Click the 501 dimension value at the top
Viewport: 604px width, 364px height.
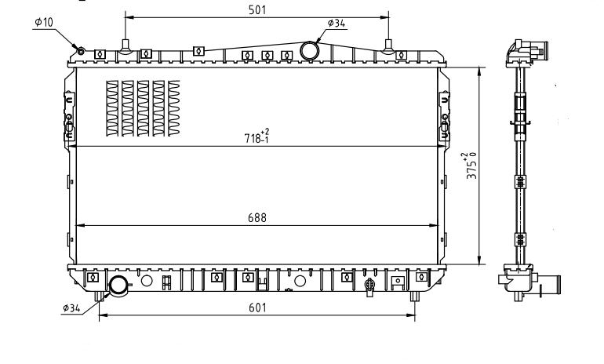pos(257,9)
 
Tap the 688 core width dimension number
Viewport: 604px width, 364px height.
pos(257,218)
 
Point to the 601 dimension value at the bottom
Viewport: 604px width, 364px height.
pos(257,308)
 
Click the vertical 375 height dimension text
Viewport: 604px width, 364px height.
pos(470,166)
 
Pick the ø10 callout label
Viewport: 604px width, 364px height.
pos(44,22)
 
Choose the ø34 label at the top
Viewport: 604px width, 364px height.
pos(336,24)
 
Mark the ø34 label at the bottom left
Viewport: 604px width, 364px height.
pos(71,308)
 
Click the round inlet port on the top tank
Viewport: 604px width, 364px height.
pos(310,51)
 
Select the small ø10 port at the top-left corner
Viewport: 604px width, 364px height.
pos(80,52)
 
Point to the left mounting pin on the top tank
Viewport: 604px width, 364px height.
pos(125,45)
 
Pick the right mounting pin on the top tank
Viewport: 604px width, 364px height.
pos(389,45)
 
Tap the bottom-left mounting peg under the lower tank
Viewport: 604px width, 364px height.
pos(97,297)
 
